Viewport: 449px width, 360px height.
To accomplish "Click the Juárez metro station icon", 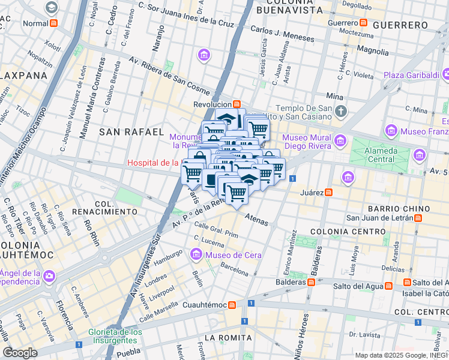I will click(x=329, y=193).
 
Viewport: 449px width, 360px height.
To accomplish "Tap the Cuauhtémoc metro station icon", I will click(x=232, y=305).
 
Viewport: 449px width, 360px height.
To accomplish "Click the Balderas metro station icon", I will click(x=311, y=281).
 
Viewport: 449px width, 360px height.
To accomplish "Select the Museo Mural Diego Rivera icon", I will click(x=340, y=140).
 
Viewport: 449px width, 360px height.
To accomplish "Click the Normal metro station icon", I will click(x=54, y=23).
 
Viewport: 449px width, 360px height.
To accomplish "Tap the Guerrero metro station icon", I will click(x=363, y=23).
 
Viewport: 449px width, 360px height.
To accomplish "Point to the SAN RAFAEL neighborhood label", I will click(x=131, y=131).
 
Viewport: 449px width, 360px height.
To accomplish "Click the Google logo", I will click(x=20, y=352).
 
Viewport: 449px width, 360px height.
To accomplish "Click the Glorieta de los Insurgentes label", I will click(x=115, y=336).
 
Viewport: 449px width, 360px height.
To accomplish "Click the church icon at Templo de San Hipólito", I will click(x=341, y=111).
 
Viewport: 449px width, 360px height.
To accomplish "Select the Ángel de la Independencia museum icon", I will click(x=49, y=276).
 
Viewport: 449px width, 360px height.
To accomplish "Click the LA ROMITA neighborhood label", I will click(x=228, y=338).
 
